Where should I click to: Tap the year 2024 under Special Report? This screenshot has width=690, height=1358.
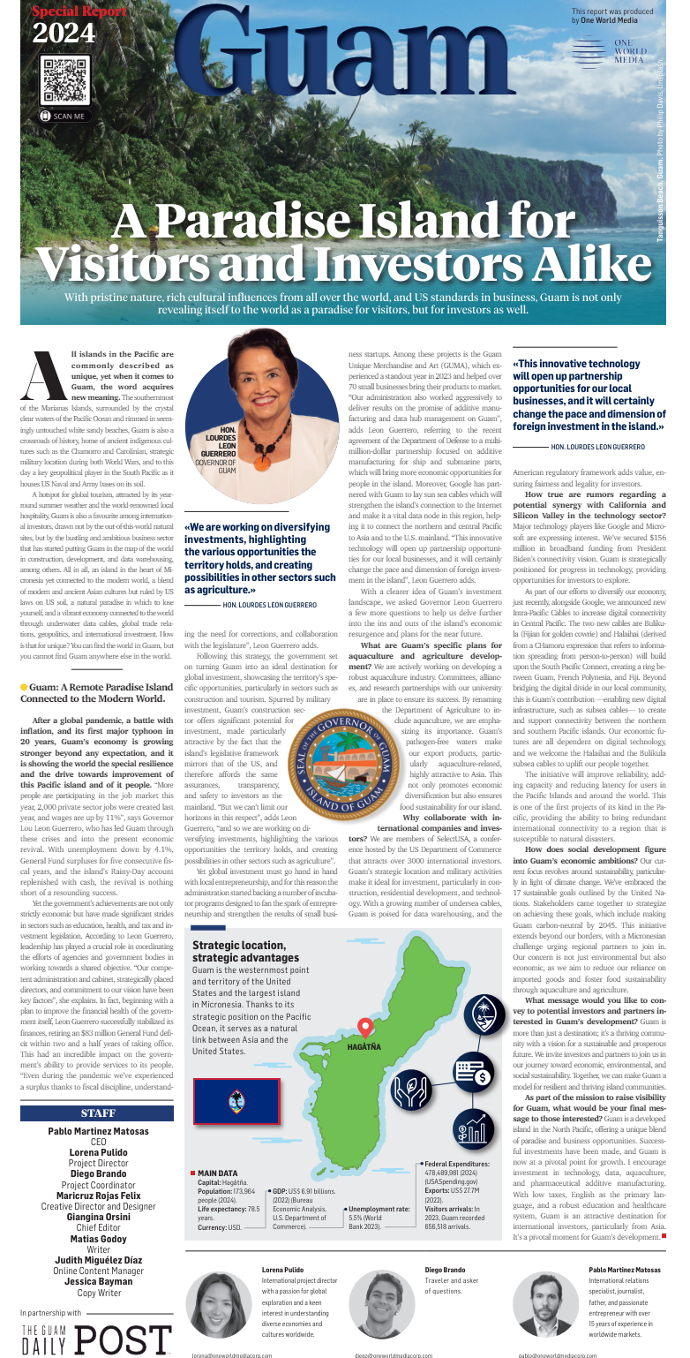(64, 34)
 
